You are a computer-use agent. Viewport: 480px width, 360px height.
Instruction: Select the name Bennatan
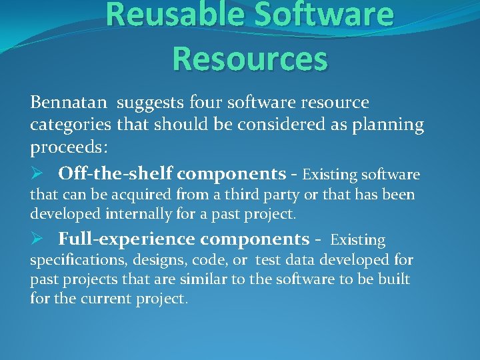70,103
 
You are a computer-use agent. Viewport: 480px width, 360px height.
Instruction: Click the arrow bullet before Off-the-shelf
37,174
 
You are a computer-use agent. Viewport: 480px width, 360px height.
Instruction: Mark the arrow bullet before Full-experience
37,239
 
